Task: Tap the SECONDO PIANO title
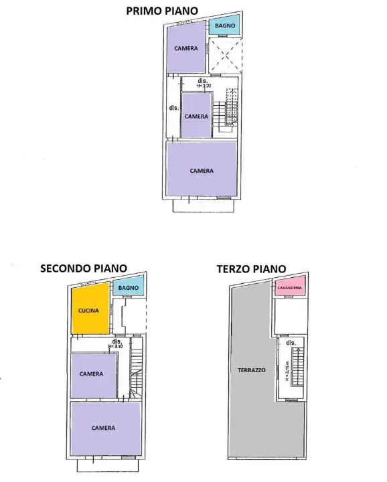click(83, 268)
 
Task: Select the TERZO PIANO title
click(251, 268)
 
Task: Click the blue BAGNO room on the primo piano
click(224, 26)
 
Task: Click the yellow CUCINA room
click(89, 310)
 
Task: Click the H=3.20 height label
click(205, 86)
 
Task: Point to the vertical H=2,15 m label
click(287, 372)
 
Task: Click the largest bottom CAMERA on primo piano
click(202, 171)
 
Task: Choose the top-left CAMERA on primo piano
click(185, 48)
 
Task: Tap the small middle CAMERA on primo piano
click(196, 115)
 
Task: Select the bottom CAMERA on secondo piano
click(104, 428)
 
